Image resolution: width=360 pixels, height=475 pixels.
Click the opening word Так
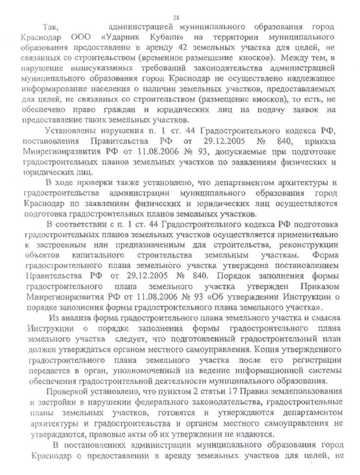51,27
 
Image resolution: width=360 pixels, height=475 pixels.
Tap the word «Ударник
120,37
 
